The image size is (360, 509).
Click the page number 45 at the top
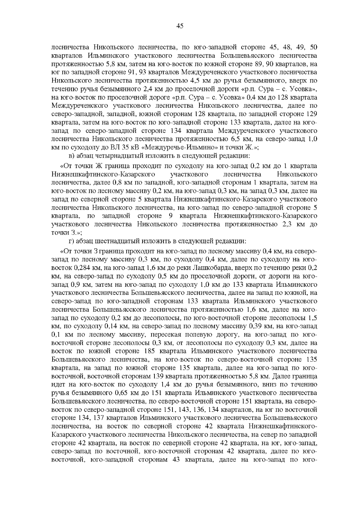(180, 26)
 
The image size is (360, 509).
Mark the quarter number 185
(150, 351)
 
